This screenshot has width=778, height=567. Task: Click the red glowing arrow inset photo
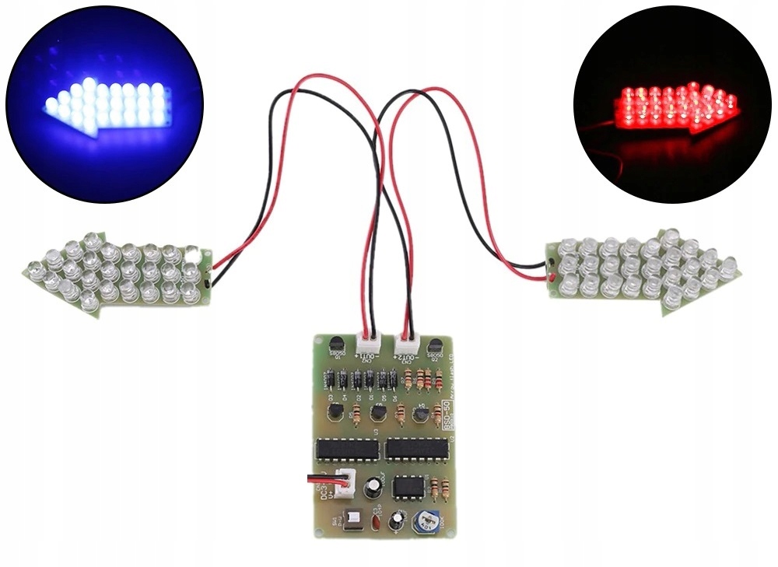pyautogui.click(x=672, y=105)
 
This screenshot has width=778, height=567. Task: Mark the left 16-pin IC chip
pyautogui.click(x=347, y=450)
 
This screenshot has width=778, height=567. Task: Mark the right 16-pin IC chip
pyautogui.click(x=417, y=449)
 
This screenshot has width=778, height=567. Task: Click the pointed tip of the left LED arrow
pyautogui.click(x=26, y=271)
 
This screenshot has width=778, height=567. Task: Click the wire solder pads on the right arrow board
pyautogui.click(x=550, y=270)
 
